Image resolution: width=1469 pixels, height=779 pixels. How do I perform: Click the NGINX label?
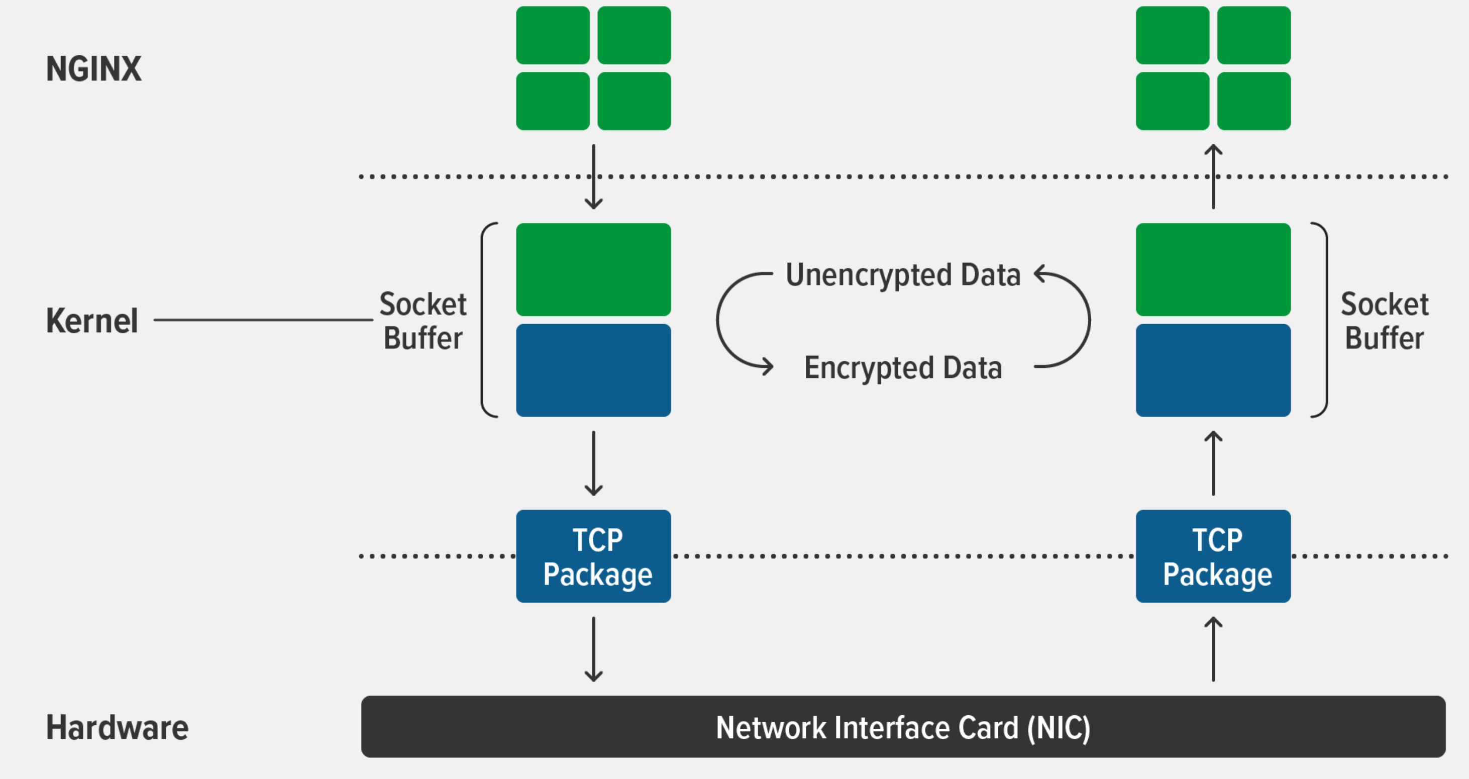pyautogui.click(x=93, y=69)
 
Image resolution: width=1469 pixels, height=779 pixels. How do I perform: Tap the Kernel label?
pyautogui.click(x=92, y=321)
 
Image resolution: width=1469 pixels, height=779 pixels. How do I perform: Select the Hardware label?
pyautogui.click(x=117, y=728)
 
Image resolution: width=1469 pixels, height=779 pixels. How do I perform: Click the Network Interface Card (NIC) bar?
pyautogui.click(x=903, y=727)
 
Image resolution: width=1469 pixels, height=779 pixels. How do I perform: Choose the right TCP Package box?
pyautogui.click(x=1213, y=556)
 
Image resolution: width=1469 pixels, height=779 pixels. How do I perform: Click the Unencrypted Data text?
pyautogui.click(x=903, y=275)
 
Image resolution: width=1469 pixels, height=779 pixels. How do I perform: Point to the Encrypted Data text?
pyautogui.click(x=903, y=368)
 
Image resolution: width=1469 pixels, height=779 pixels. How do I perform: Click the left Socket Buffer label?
pyautogui.click(x=423, y=321)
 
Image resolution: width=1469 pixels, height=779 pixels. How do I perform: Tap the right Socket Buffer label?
pyautogui.click(x=1385, y=321)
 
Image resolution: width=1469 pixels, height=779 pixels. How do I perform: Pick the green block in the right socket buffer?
pyautogui.click(x=1213, y=269)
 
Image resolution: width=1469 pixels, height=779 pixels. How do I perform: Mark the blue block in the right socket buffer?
pyautogui.click(x=1213, y=370)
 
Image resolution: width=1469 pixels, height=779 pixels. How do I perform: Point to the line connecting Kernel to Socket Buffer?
pyautogui.click(x=262, y=320)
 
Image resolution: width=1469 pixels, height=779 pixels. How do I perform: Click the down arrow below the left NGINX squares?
pyautogui.click(x=594, y=177)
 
